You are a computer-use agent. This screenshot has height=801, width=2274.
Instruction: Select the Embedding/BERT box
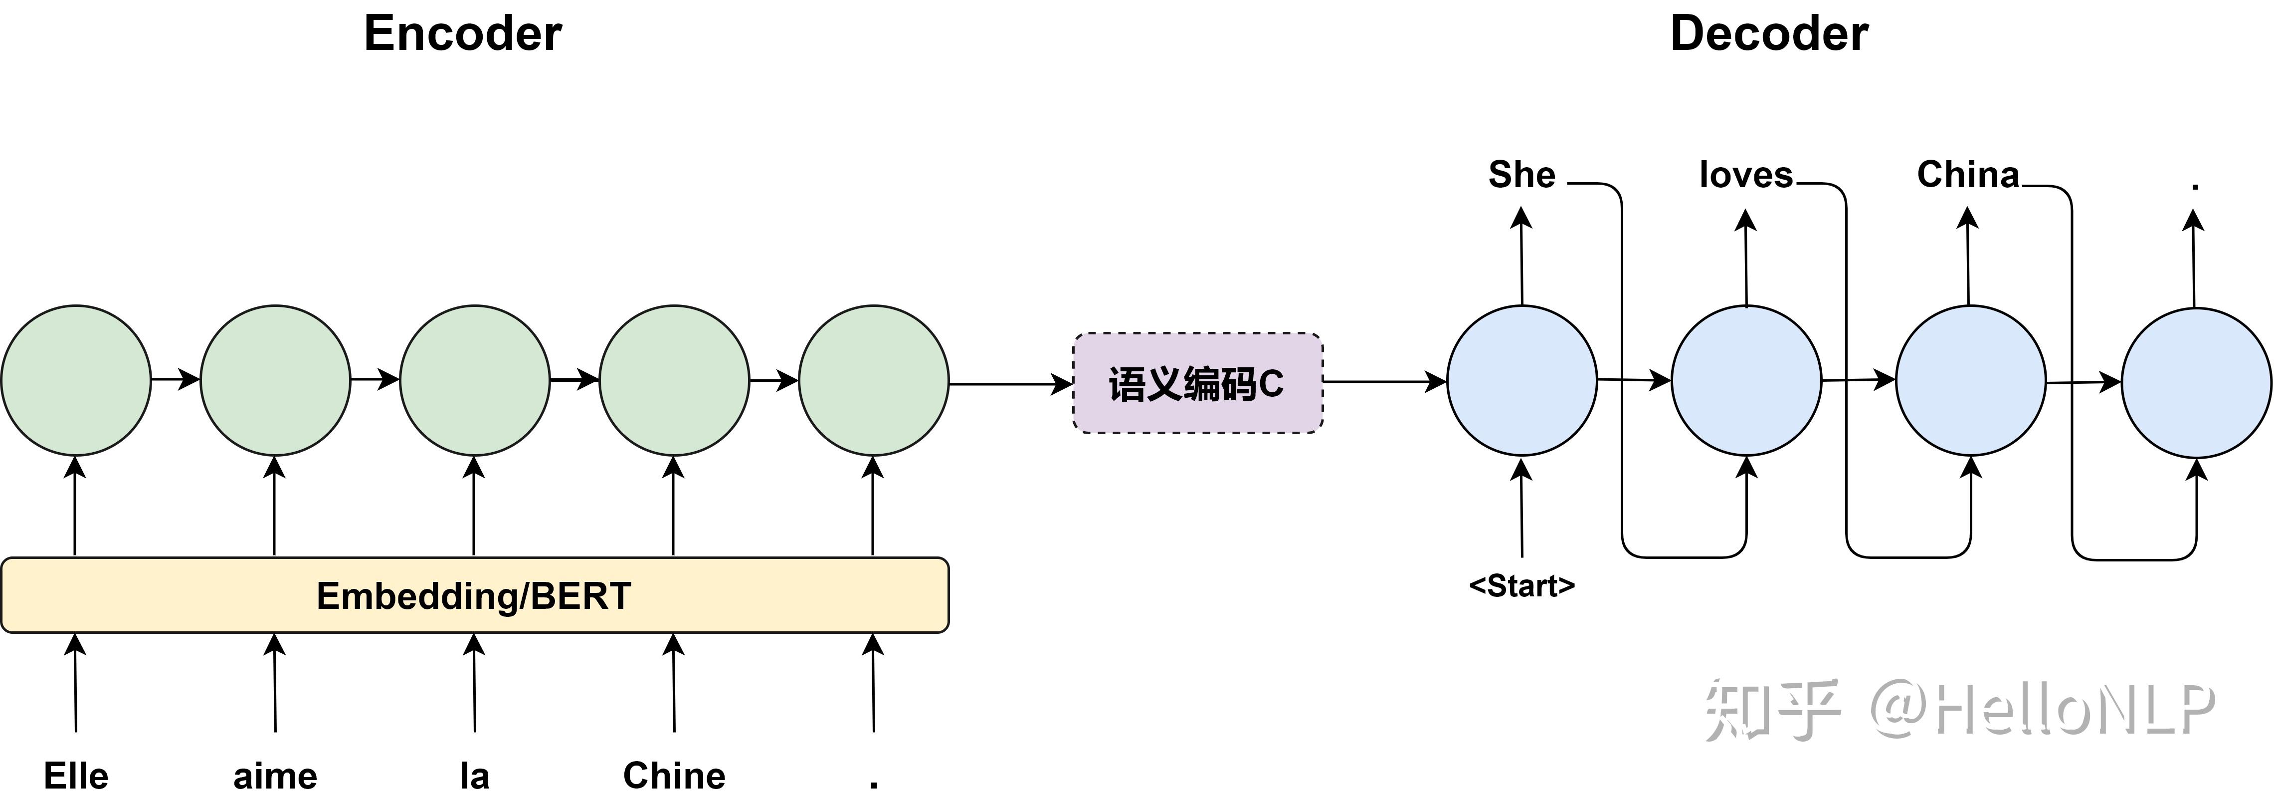(475, 595)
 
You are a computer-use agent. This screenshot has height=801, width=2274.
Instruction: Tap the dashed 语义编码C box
(1197, 383)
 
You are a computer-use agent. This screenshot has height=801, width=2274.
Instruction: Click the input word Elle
(76, 776)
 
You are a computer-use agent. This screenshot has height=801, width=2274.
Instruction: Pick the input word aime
(275, 776)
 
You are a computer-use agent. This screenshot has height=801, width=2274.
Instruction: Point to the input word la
(475, 776)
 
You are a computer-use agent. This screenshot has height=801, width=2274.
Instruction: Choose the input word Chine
(674, 776)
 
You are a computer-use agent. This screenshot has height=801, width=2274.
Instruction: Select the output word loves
(1746, 175)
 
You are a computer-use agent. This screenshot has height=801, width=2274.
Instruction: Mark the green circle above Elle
(76, 381)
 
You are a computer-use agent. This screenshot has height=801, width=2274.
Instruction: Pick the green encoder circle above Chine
(674, 381)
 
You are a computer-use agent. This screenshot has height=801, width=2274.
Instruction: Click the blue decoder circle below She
(1522, 381)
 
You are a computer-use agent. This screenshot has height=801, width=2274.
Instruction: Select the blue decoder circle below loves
(1746, 381)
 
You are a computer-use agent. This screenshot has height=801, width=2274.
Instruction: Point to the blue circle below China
(1970, 381)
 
